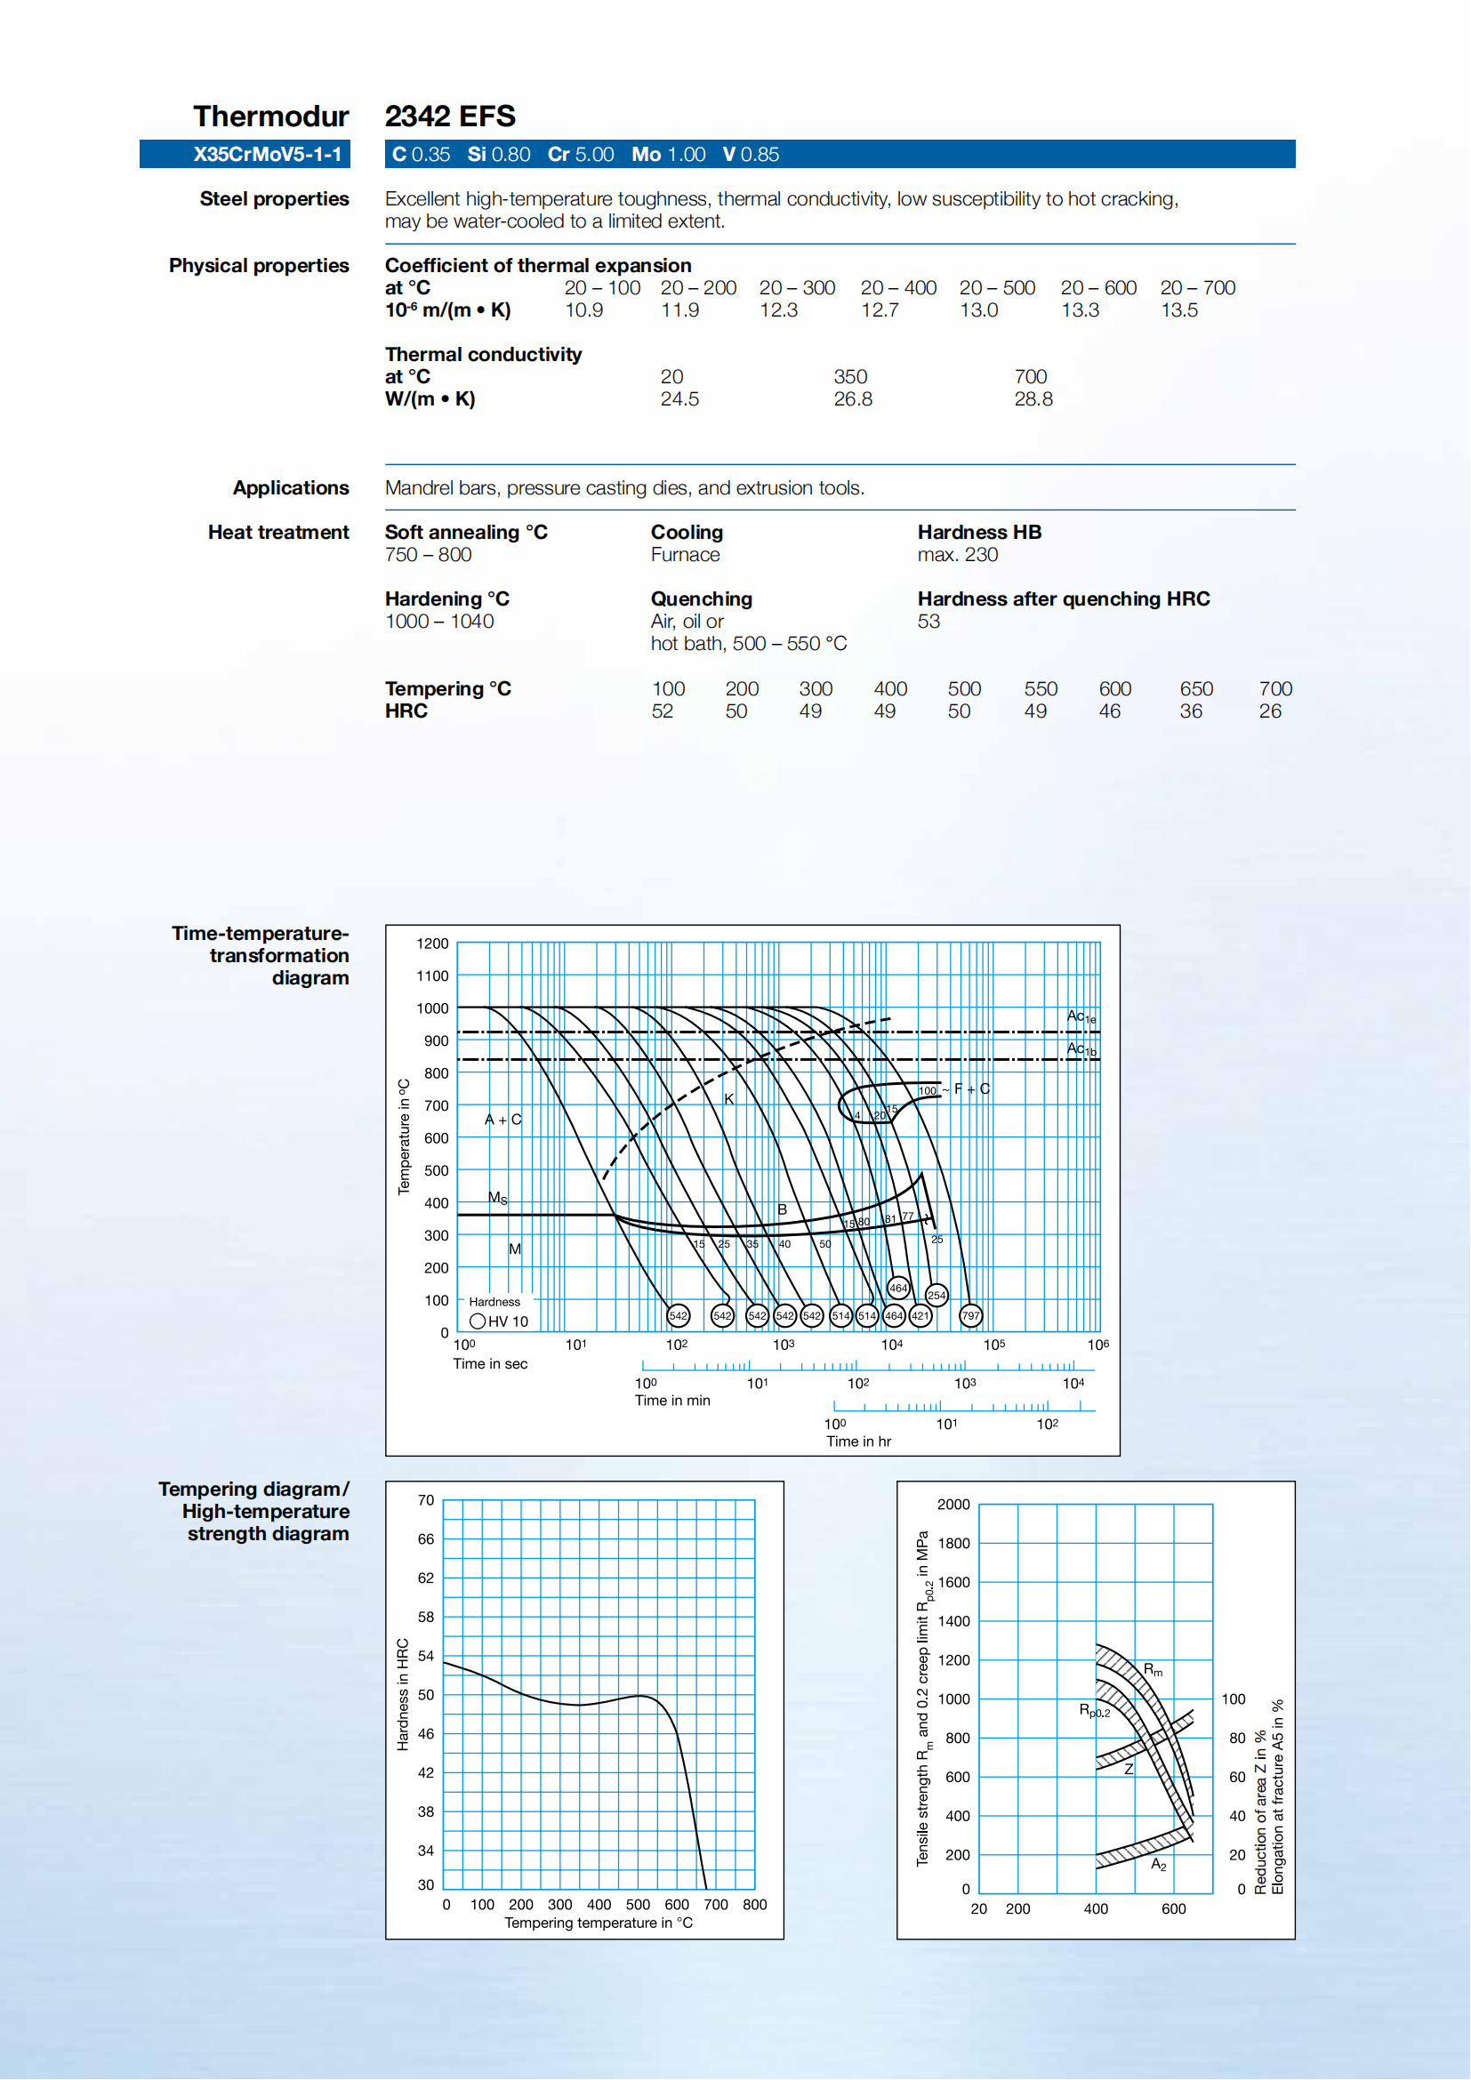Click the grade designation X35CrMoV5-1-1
tap(266, 154)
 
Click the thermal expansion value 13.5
tap(1178, 309)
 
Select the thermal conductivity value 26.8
tap(852, 398)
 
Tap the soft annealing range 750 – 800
tap(428, 554)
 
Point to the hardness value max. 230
tap(957, 554)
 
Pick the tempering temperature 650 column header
tap(1195, 688)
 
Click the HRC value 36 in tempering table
tap(1190, 711)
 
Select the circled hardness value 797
tap(970, 1315)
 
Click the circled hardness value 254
tap(936, 1296)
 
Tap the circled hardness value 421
tap(920, 1315)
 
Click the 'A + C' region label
tap(502, 1120)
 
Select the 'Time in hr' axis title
tap(857, 1442)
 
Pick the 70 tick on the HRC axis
tap(426, 1500)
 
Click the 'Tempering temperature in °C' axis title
tap(598, 1923)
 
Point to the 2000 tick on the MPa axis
tap(953, 1504)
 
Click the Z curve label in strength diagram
tap(1129, 1769)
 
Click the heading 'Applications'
tap(291, 487)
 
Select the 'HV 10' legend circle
tap(478, 1321)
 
